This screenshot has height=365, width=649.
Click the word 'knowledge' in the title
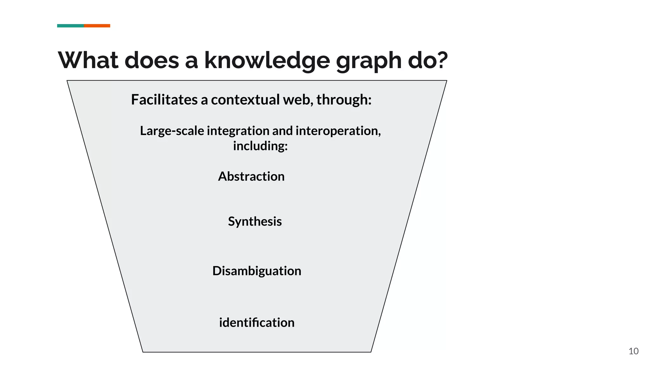pyautogui.click(x=267, y=60)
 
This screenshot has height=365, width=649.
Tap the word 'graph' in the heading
pyautogui.click(x=368, y=61)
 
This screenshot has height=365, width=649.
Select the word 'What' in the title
pyautogui.click(x=88, y=60)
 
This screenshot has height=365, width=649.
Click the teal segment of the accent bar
pyautogui.click(x=70, y=26)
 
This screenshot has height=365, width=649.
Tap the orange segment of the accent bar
pyautogui.click(x=97, y=26)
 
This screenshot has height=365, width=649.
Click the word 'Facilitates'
pyautogui.click(x=164, y=99)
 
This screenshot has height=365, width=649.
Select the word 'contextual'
pyautogui.click(x=246, y=99)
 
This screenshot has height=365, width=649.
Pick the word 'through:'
pyautogui.click(x=344, y=99)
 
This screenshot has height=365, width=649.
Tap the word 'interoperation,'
pyautogui.click(x=338, y=131)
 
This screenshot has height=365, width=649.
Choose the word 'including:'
pyautogui.click(x=260, y=146)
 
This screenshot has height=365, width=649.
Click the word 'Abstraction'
pyautogui.click(x=251, y=176)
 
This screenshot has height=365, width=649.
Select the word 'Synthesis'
pyautogui.click(x=255, y=221)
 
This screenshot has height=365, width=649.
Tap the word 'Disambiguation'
pyautogui.click(x=257, y=271)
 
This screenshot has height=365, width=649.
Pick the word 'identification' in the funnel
pyautogui.click(x=257, y=323)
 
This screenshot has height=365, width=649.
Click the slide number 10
pyautogui.click(x=633, y=351)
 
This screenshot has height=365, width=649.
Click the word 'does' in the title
pyautogui.click(x=152, y=60)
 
